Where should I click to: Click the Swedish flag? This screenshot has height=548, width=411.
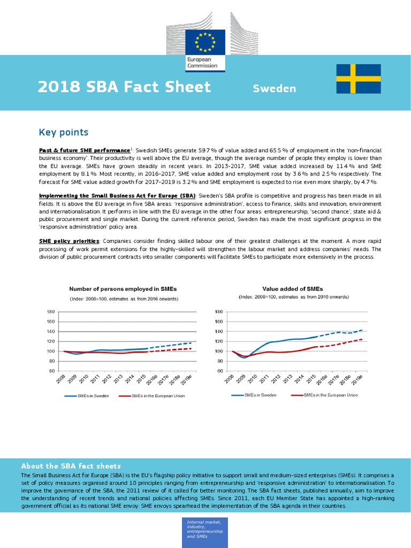point(358,79)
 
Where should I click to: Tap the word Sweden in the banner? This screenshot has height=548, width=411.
point(274,88)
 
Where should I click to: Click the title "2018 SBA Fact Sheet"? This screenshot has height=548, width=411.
point(124,87)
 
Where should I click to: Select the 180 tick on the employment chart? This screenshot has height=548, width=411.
point(51,312)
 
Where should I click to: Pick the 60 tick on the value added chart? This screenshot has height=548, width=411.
point(219,371)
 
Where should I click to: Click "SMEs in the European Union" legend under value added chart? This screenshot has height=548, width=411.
point(330,395)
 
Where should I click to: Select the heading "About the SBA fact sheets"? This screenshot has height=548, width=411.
point(71,466)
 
